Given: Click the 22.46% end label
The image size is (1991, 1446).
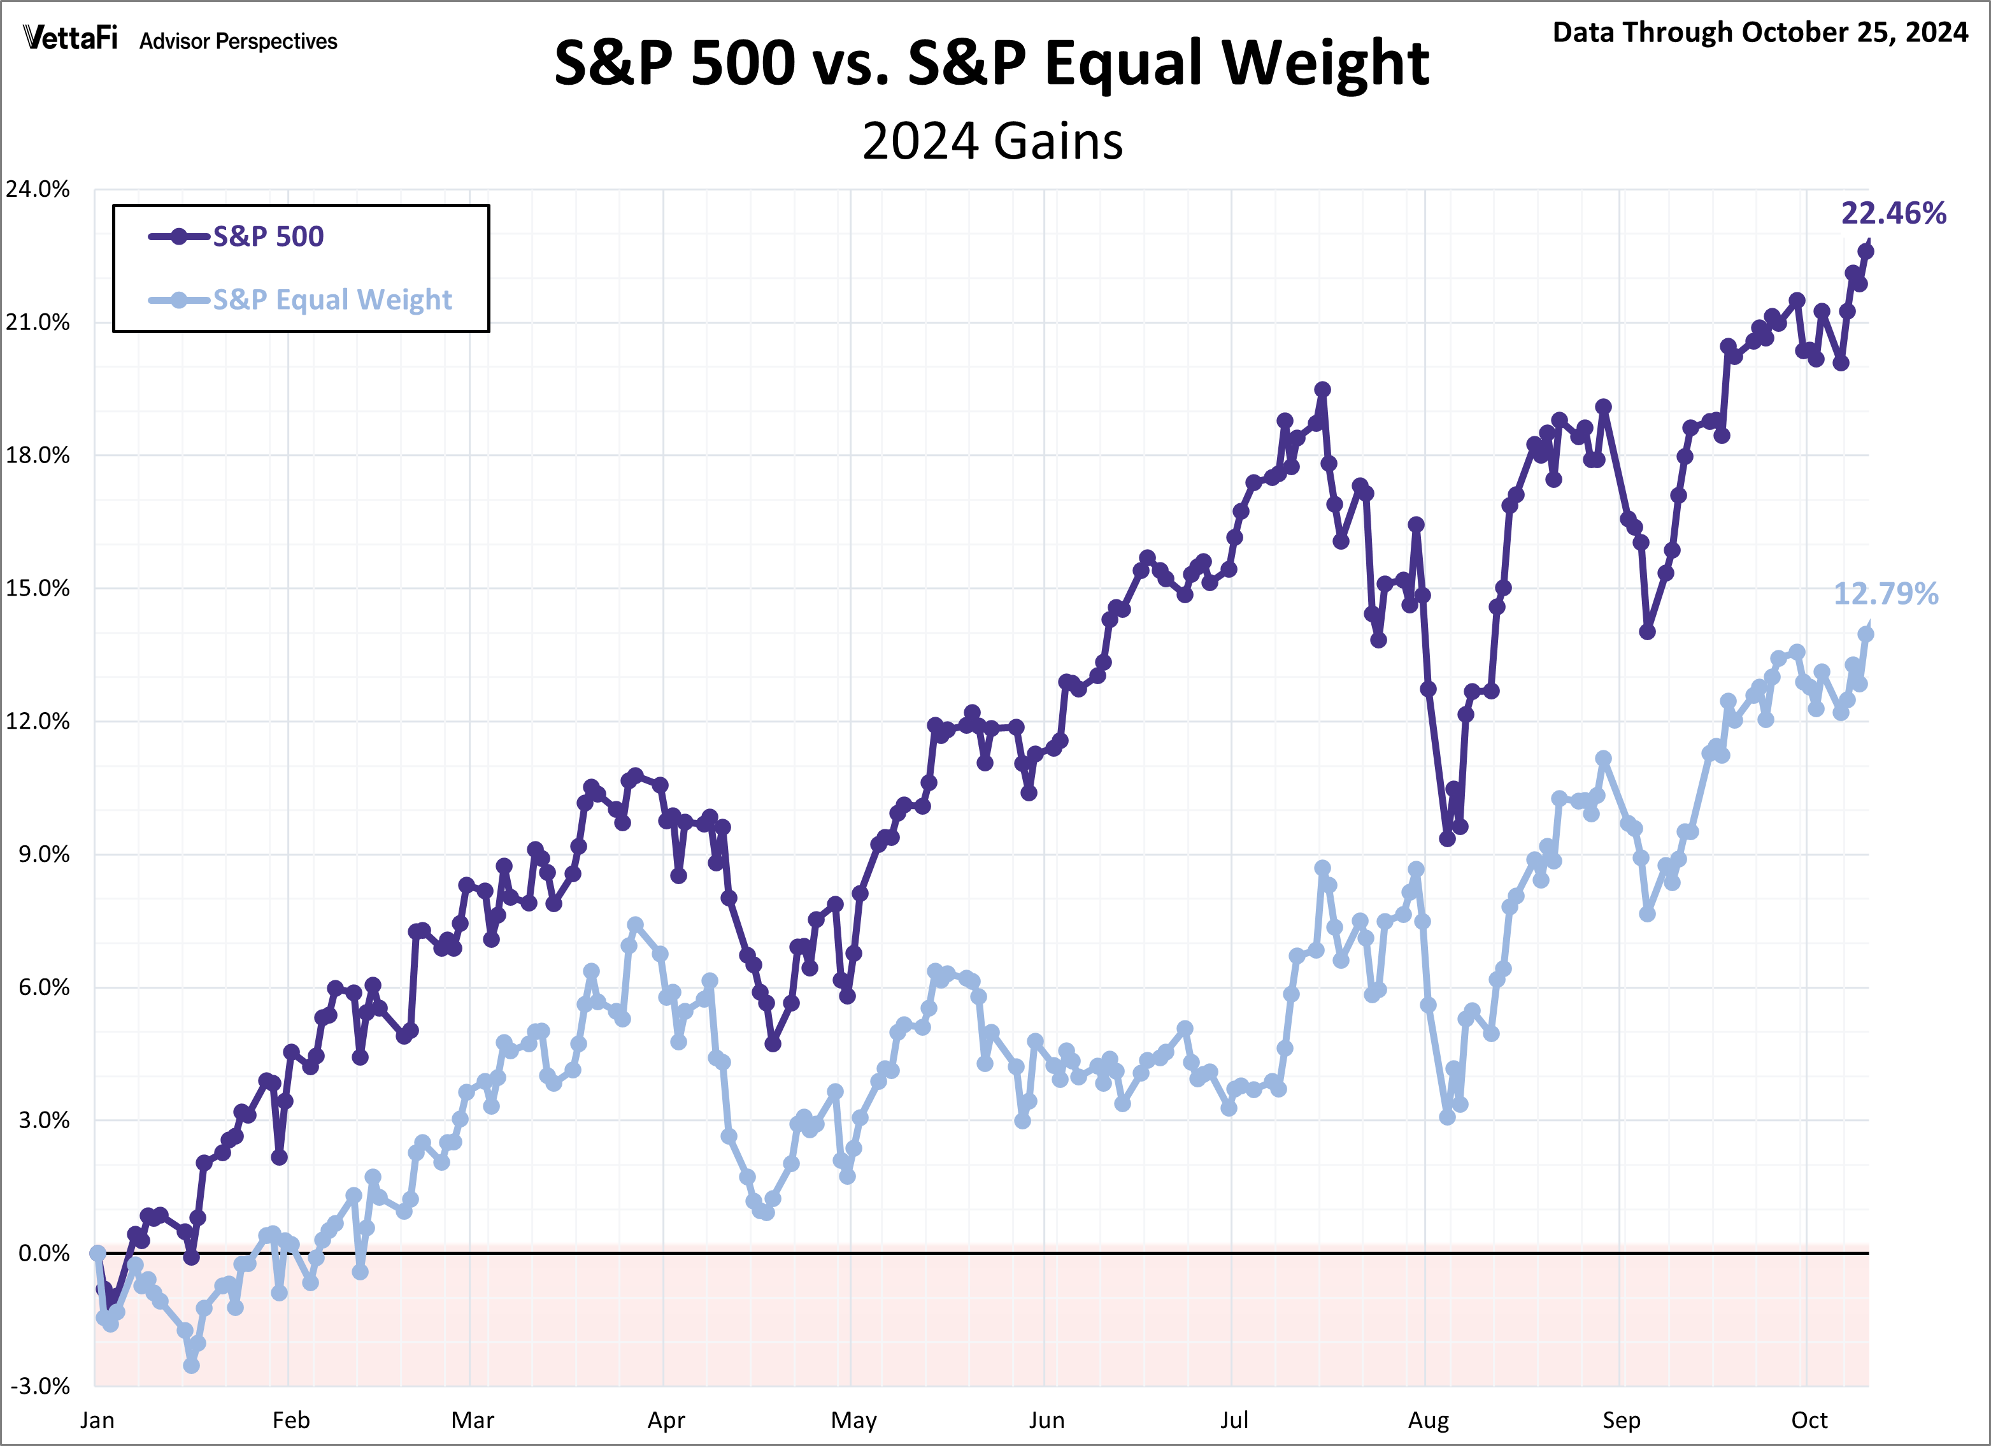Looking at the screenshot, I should click(1893, 213).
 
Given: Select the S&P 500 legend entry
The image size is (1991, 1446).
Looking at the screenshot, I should click(268, 236).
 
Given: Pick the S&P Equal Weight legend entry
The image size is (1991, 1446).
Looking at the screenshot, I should click(332, 299).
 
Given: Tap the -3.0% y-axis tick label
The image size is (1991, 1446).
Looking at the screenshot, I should click(40, 1386).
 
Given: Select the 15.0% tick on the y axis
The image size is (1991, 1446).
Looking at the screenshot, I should click(38, 588).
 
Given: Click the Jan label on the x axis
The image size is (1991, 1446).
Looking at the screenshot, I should click(97, 1421).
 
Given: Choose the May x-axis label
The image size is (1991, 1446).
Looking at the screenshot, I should click(853, 1421).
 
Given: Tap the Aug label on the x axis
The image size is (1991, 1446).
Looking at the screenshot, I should click(1429, 1421).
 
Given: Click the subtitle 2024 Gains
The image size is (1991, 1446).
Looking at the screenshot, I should click(992, 141).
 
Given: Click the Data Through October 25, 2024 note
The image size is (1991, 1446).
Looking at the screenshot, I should click(1760, 32).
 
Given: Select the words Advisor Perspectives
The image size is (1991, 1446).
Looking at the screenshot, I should click(238, 41).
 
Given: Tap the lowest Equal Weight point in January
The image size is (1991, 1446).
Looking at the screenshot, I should click(191, 1365).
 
